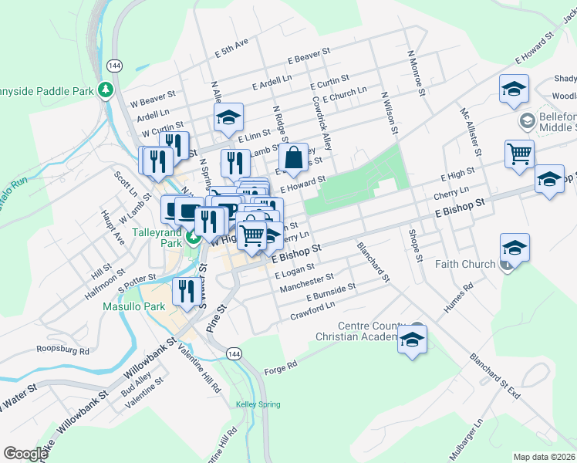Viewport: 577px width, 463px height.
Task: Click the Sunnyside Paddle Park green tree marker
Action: (106, 90)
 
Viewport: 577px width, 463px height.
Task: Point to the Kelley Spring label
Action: (258, 404)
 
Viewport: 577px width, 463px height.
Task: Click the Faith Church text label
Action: (469, 264)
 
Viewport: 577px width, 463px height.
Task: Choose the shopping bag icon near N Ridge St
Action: (294, 157)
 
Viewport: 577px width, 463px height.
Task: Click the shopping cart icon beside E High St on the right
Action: (519, 153)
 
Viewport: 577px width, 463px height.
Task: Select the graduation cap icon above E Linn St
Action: (228, 117)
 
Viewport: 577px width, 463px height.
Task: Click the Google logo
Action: (25, 454)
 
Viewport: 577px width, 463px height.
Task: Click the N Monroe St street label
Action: (417, 74)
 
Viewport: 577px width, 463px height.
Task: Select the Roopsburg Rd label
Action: (63, 350)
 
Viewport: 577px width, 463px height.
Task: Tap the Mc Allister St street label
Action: (471, 132)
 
